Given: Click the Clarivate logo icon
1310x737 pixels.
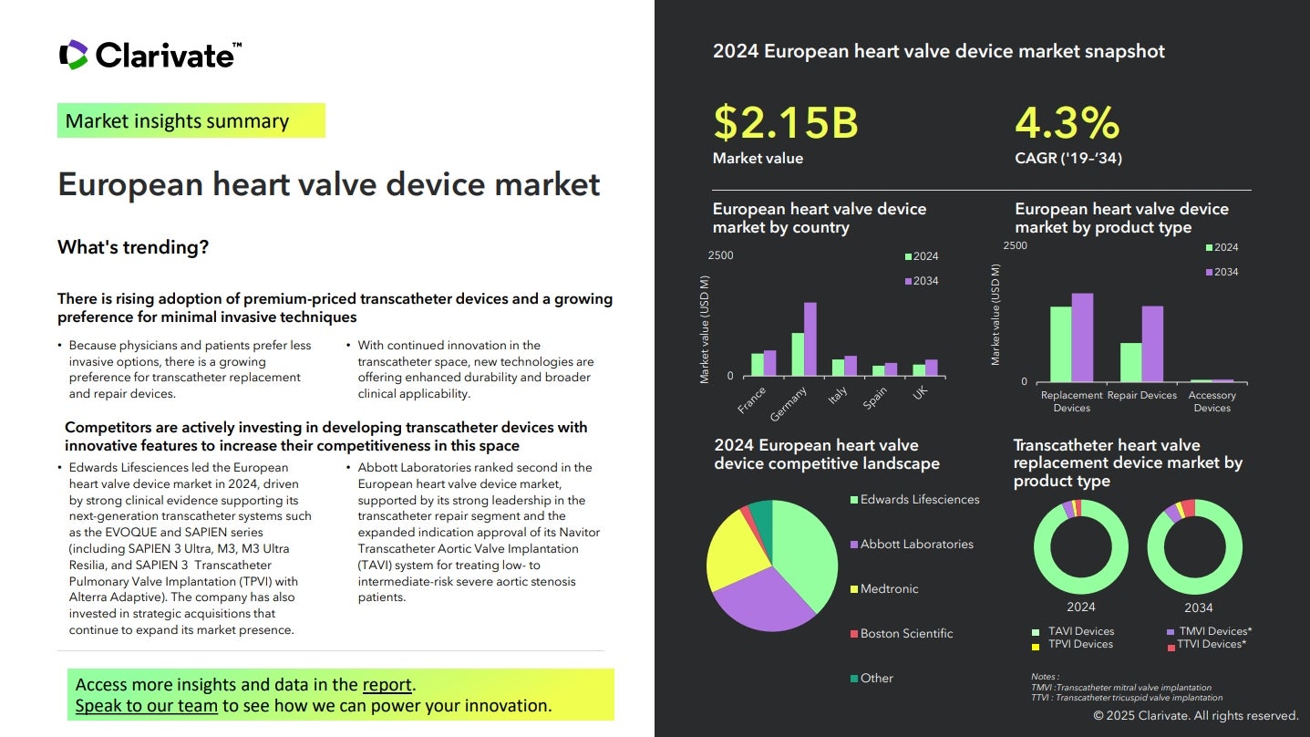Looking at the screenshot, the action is (x=74, y=55).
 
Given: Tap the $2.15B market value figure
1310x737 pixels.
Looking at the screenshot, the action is (x=786, y=122).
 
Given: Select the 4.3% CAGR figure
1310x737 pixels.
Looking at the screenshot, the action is (x=1068, y=122).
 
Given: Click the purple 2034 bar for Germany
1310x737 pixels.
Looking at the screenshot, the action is (x=810, y=338).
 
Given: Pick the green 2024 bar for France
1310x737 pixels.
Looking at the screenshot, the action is (x=758, y=365).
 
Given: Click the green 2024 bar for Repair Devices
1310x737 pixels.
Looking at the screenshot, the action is (x=1131, y=362).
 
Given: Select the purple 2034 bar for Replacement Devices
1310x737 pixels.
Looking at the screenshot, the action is (x=1082, y=337).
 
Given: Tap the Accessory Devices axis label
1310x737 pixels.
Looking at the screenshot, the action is (x=1212, y=401).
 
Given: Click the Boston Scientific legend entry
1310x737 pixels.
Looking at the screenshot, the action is (x=902, y=633).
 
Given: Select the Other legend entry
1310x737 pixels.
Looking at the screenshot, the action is (x=872, y=679).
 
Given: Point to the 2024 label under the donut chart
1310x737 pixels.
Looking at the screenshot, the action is (x=1081, y=607).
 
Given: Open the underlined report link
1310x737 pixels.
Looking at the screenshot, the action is (x=387, y=684).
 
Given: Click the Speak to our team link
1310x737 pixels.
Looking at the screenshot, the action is (x=146, y=706).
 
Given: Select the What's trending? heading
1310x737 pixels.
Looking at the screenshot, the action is (x=133, y=247).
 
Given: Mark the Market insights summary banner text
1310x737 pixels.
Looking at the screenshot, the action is (x=177, y=121).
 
